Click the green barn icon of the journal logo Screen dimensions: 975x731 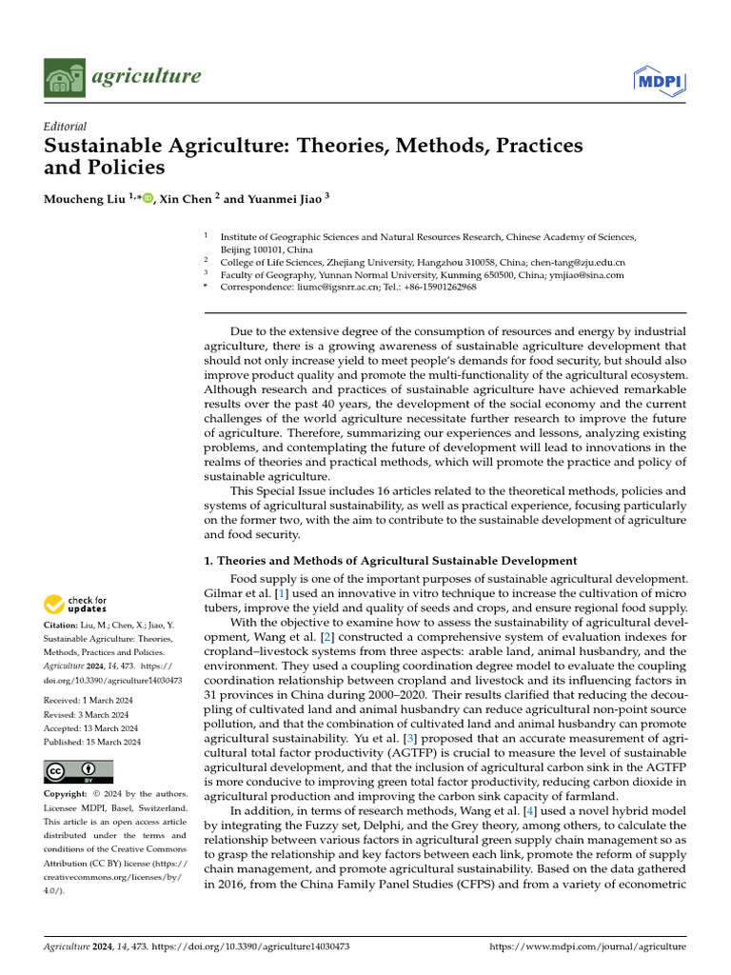pyautogui.click(x=65, y=77)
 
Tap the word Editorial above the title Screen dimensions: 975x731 pyautogui.click(x=66, y=126)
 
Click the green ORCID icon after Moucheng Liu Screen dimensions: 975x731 pyautogui.click(x=146, y=198)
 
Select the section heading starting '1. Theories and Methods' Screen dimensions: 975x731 pyautogui.click(x=390, y=560)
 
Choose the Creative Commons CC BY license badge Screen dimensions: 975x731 pyautogui.click(x=78, y=771)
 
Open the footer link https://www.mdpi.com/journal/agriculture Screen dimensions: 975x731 pyautogui.click(x=586, y=947)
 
